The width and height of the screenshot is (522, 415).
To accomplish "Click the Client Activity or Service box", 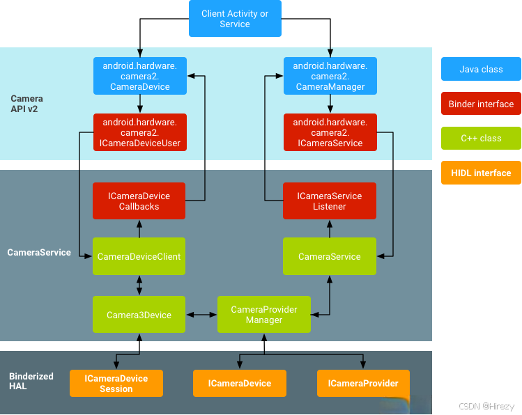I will pos(235,19).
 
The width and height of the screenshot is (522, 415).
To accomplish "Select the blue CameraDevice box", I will pos(140,76).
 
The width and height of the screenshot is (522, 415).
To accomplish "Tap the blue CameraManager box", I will pos(330,76).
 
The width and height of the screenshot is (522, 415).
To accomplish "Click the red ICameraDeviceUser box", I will pos(140,132).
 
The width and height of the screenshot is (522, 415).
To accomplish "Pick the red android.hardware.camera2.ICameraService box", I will pos(330,132).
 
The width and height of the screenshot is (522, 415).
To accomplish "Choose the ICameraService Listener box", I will pos(330,201).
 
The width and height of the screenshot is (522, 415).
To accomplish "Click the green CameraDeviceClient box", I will pos(139,256).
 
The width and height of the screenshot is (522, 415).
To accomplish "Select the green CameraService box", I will pos(330,256).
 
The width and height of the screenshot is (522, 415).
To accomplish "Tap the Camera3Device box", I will pos(139,315).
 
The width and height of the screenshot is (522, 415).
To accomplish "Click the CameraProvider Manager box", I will pos(264,315).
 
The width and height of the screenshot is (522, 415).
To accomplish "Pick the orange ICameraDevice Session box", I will pos(116,384).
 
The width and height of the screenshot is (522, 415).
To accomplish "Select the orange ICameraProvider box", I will pos(363,384).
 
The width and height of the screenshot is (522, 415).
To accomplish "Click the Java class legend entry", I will pos(481,70).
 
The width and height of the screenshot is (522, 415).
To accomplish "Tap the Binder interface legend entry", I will pos(481,104).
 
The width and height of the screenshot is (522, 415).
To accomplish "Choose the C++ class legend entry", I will pos(481,138).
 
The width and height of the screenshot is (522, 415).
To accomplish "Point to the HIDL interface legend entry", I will pos(481,173).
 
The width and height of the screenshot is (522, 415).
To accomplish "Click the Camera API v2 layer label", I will pos(26,104).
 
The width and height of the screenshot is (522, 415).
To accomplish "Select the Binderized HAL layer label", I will pos(31,381).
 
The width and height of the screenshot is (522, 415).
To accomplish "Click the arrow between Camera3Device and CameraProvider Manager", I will pos(201,315).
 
